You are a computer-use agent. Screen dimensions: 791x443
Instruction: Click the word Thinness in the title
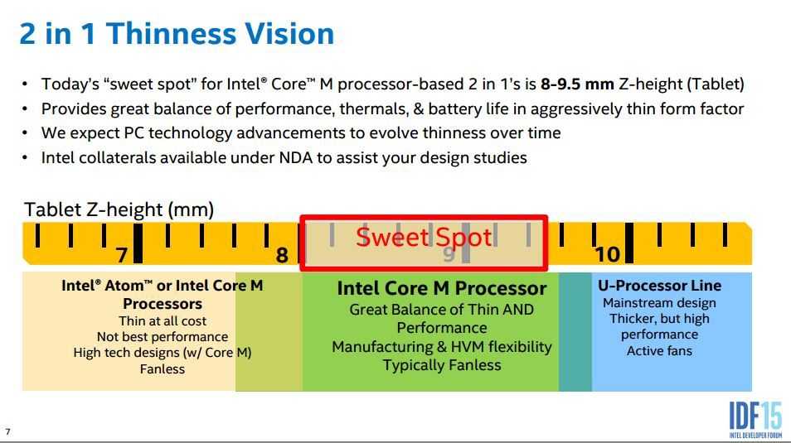point(171,34)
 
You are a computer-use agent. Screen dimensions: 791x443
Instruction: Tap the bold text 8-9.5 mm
point(577,84)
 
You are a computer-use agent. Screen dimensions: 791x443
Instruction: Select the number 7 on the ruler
point(122,255)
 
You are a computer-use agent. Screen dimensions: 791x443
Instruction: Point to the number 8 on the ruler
point(282,255)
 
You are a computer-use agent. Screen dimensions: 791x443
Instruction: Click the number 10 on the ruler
point(608,254)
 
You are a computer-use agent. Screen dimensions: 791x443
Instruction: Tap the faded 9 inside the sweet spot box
point(449,254)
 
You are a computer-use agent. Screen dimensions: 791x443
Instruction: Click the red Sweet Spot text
point(424,237)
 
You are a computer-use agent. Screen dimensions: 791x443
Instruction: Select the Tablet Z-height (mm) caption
point(119,209)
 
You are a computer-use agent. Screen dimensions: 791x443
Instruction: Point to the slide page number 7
point(7,432)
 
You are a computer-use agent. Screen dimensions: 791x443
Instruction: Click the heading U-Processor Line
point(659,285)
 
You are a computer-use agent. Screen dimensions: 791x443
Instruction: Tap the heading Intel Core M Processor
point(442,288)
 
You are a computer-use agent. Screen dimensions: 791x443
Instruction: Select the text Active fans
point(659,351)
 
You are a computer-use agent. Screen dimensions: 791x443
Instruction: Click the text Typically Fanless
point(442,365)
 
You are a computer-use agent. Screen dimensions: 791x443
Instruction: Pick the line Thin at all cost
point(163,321)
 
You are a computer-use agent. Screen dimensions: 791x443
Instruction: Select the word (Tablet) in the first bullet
point(716,84)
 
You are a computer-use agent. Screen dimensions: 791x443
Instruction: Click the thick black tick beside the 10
point(629,243)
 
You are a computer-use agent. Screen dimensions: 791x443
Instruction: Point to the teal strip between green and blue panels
point(575,331)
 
